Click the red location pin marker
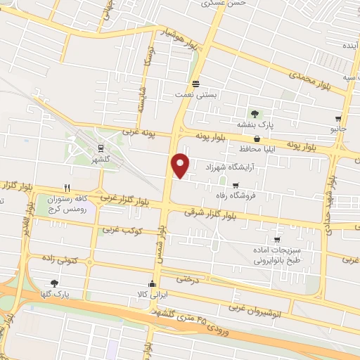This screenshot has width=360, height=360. [181, 165]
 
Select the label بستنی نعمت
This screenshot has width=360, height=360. [194, 92]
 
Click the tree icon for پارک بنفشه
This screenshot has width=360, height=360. [255, 114]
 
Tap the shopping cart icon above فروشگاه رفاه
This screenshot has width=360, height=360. [236, 186]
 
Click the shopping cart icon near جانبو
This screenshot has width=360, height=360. [338, 118]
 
